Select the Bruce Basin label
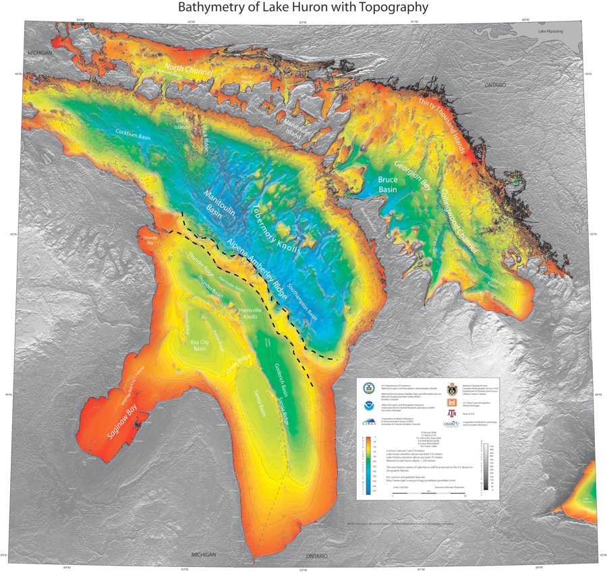[388, 185]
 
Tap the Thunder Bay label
[146, 240]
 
